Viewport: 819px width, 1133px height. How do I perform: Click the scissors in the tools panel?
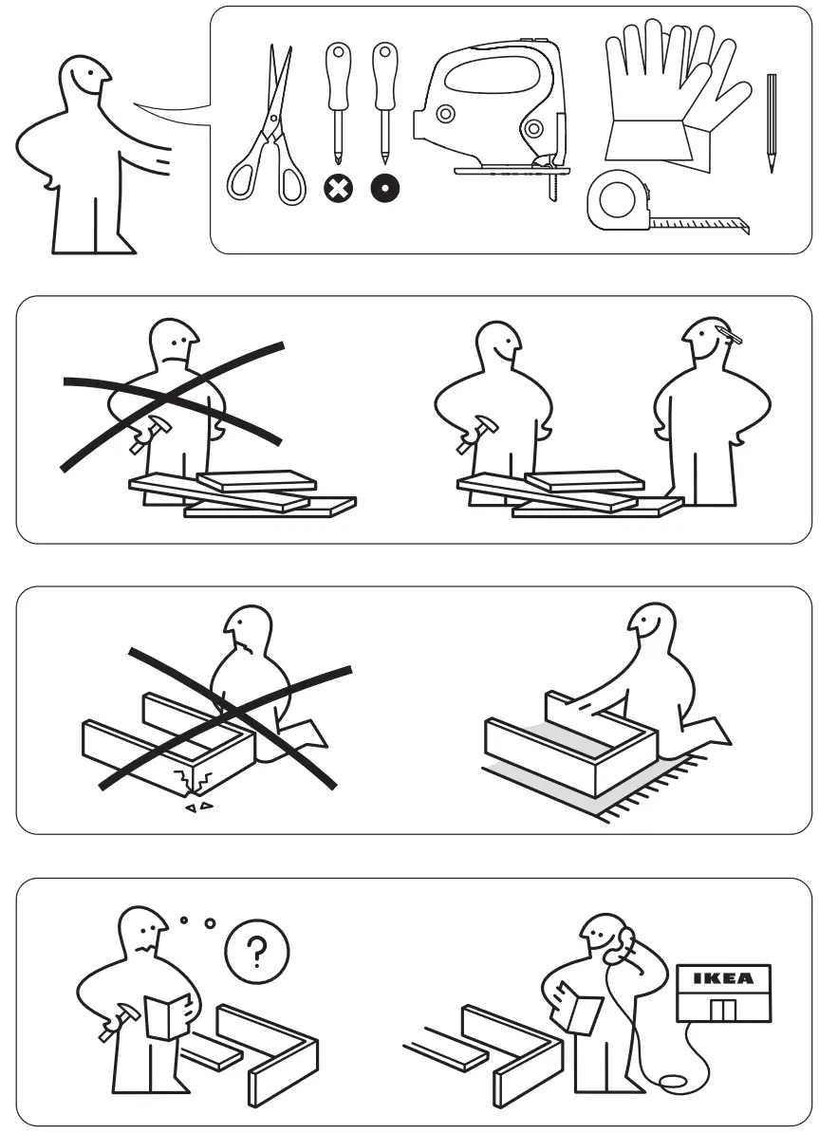point(267,133)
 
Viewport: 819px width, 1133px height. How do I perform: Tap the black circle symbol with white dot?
point(384,188)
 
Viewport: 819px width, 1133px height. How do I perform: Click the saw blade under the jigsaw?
point(549,188)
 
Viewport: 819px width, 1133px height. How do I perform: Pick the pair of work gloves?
point(664,95)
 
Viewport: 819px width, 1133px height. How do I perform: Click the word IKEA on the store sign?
point(723,976)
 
